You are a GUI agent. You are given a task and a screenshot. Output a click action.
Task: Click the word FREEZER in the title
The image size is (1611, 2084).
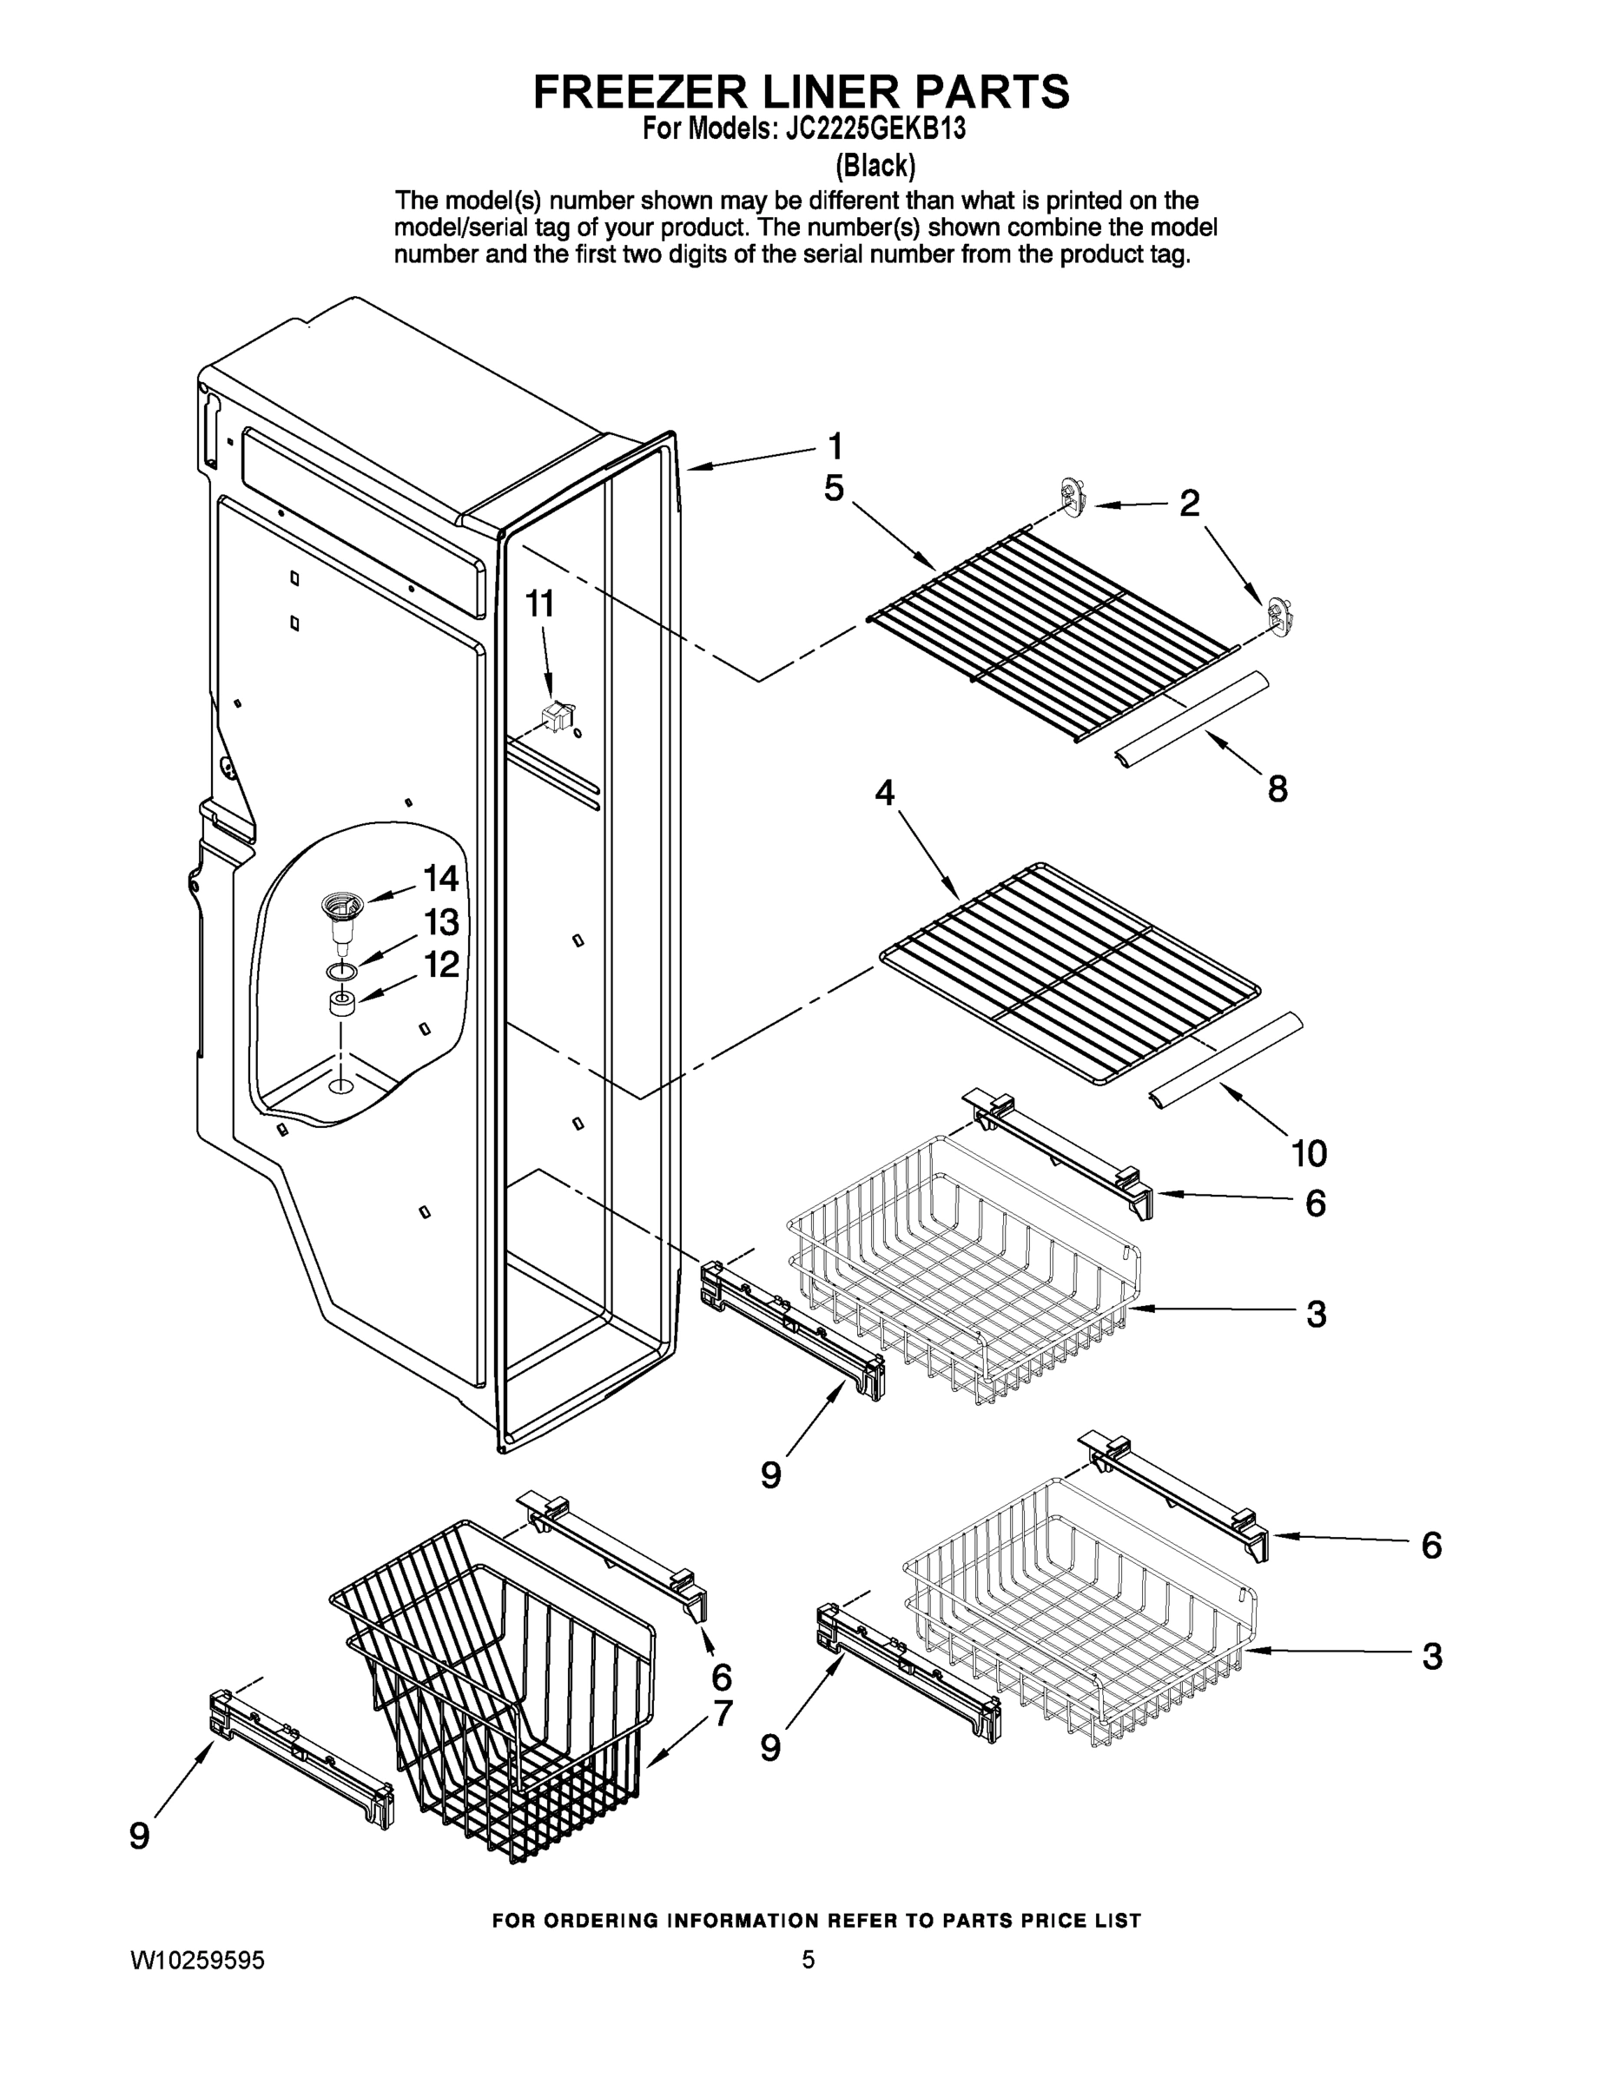pos(637,93)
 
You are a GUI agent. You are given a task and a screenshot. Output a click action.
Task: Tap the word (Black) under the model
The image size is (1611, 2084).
pos(875,166)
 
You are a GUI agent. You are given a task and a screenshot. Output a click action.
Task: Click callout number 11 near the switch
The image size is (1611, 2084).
pos(540,604)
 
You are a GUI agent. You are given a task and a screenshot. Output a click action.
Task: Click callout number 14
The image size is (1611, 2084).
pos(441,878)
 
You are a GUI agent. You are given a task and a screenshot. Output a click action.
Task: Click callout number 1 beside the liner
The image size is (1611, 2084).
pos(834,445)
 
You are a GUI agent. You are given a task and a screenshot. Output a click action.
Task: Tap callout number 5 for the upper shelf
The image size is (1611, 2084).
pos(833,489)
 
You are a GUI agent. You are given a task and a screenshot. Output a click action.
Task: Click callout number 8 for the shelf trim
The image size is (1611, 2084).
pos(1277,788)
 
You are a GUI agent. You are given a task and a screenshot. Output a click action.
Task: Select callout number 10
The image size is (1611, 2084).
pos(1310,1154)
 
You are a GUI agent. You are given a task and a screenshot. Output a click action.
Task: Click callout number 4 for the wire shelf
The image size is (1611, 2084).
pos(885,791)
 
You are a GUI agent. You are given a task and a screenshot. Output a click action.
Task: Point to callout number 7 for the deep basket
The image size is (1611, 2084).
pos(722,1713)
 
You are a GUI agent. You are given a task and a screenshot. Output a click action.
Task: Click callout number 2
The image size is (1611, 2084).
pos(1188,503)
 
